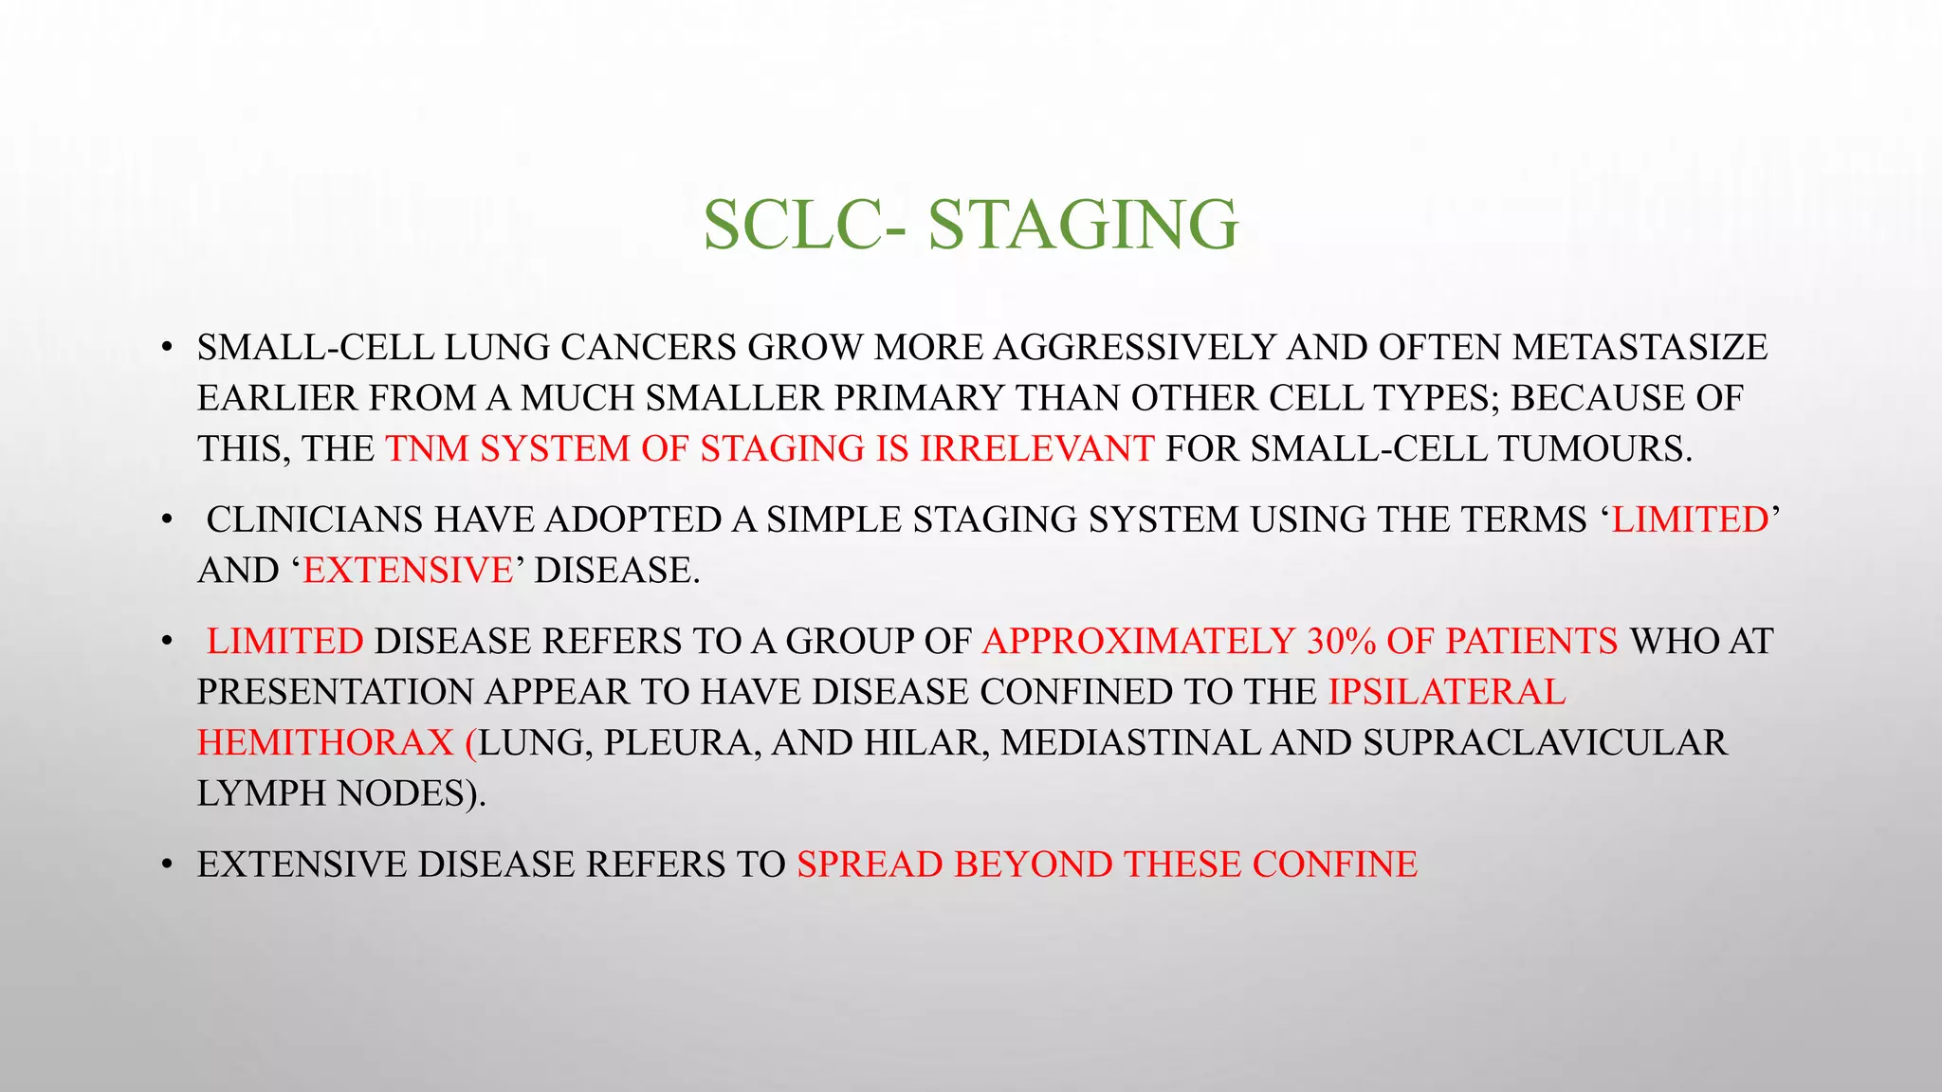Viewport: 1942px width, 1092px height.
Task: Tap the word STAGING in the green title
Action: pos(1083,226)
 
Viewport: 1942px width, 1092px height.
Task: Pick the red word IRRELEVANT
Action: pos(1036,448)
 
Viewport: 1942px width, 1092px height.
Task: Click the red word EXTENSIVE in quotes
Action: pos(408,571)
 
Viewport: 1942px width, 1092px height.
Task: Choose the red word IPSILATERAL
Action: pos(1447,692)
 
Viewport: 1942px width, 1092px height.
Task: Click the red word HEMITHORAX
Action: pos(325,742)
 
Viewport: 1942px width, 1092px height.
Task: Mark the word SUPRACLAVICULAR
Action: pos(1545,742)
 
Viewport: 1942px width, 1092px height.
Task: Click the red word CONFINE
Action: pos(1334,864)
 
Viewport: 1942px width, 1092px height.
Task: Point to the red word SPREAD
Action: pos(870,864)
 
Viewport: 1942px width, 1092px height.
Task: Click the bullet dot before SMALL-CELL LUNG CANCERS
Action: pos(167,349)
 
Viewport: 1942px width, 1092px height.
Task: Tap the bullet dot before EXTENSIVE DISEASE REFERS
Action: pos(167,865)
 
